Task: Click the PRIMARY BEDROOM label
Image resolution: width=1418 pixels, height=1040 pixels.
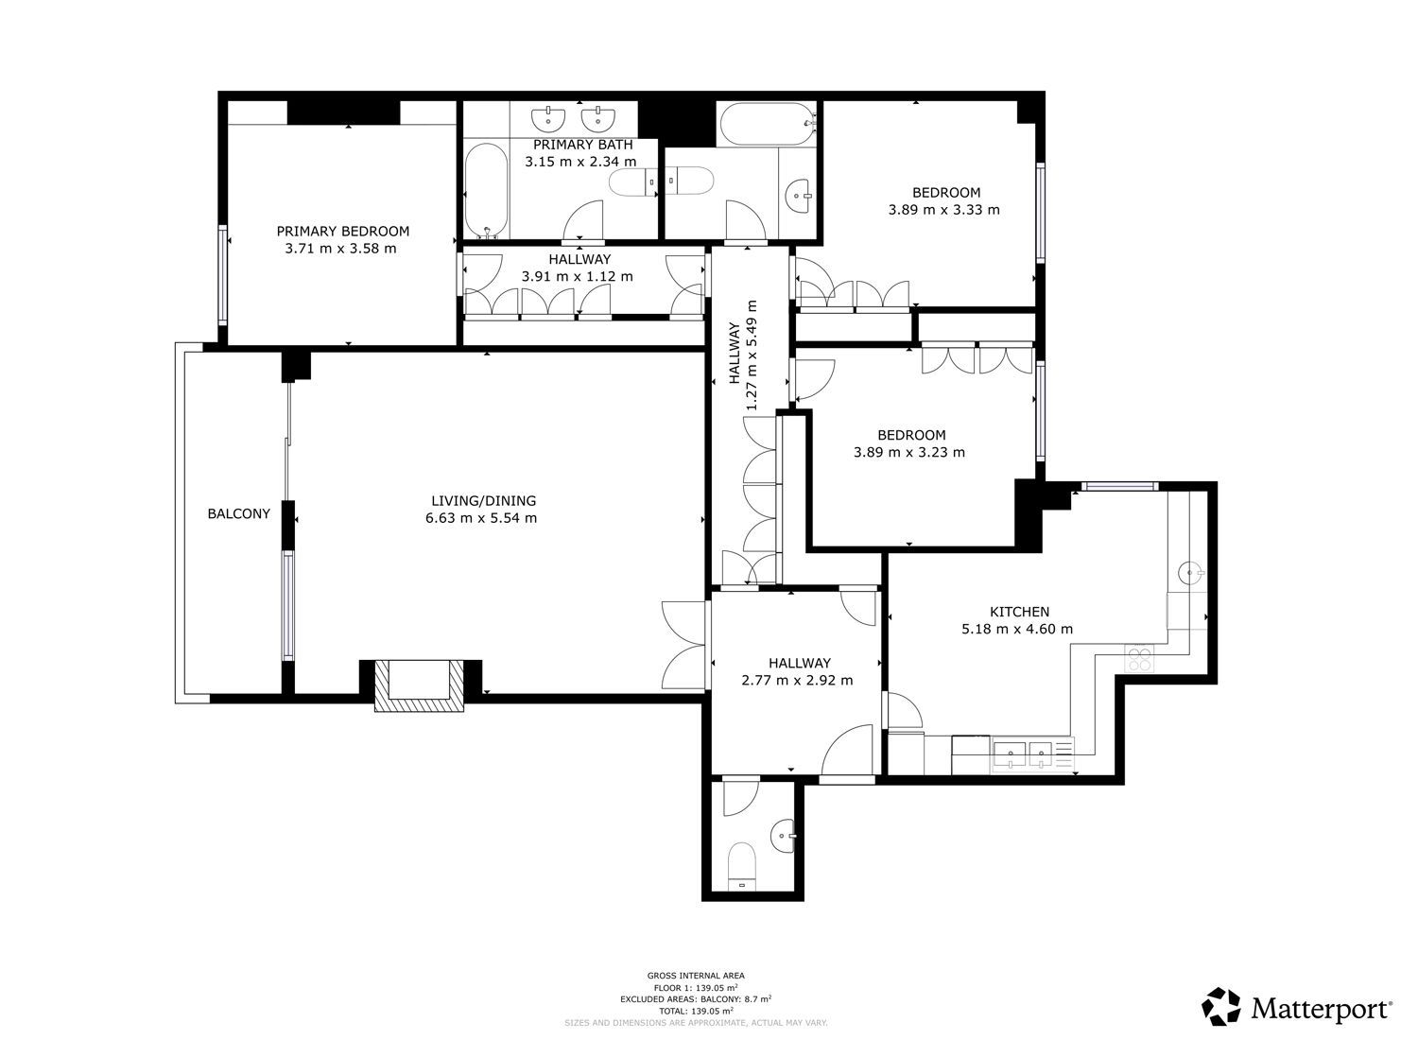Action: [x=342, y=231]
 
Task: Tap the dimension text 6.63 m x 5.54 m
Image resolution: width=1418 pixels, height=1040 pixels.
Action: [x=481, y=518]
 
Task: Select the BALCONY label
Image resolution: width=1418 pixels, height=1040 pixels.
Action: [x=238, y=513]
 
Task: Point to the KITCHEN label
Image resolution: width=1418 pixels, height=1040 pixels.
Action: [x=1019, y=612]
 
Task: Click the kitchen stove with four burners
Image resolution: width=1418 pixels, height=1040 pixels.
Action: [x=1139, y=658]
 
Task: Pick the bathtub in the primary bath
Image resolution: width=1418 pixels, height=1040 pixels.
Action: [x=486, y=191]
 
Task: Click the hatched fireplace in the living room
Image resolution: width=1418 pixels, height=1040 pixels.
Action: [x=419, y=685]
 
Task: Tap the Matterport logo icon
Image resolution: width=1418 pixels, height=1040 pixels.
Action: [x=1221, y=1006]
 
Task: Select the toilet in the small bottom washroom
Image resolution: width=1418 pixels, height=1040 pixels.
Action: [x=742, y=866]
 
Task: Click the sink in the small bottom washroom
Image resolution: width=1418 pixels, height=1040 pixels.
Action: [x=783, y=836]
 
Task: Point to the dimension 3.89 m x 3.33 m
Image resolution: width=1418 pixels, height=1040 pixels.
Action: [x=943, y=210]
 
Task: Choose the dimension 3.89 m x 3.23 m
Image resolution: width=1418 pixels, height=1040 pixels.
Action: [x=909, y=452]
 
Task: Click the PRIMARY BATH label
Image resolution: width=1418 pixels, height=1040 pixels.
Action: [x=582, y=145]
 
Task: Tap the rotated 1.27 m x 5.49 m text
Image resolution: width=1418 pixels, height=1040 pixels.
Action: [x=752, y=355]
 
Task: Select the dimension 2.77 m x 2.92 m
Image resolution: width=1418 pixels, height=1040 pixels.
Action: [x=797, y=680]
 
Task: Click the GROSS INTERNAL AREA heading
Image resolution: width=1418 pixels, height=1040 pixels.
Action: [x=696, y=976]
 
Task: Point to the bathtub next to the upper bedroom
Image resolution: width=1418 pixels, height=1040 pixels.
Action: [x=767, y=125]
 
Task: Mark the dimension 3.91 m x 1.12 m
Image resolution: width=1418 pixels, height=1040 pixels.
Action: [x=578, y=276]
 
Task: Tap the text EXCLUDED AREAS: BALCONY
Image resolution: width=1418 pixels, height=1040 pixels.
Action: [x=676, y=999]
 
